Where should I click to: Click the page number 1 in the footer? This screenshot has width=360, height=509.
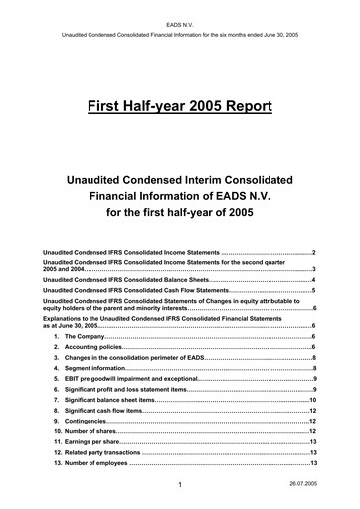(x=171, y=485)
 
